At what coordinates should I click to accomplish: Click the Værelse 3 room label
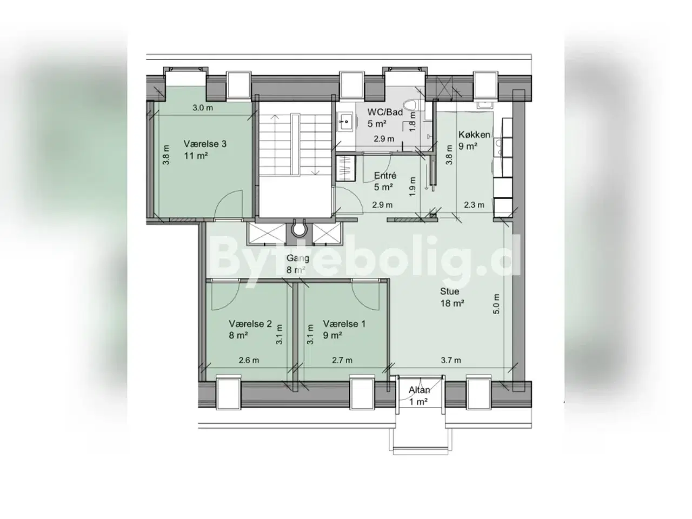(205, 144)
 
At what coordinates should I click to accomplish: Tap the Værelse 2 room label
(250, 324)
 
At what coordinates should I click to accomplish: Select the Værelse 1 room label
(344, 324)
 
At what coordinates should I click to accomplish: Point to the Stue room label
(450, 291)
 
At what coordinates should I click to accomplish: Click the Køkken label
(474, 135)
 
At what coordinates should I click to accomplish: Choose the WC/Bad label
(385, 112)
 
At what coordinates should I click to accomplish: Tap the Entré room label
(385, 175)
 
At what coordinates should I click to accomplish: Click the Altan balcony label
(419, 390)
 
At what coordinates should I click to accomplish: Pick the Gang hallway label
(297, 258)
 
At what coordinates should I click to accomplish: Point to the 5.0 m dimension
(496, 304)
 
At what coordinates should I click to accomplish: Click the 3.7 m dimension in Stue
(451, 360)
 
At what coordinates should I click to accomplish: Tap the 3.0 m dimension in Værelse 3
(203, 108)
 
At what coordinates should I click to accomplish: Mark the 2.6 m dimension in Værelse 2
(249, 360)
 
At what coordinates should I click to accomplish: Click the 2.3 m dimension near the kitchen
(474, 205)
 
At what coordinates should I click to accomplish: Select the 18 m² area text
(452, 303)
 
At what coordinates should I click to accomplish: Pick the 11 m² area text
(196, 156)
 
